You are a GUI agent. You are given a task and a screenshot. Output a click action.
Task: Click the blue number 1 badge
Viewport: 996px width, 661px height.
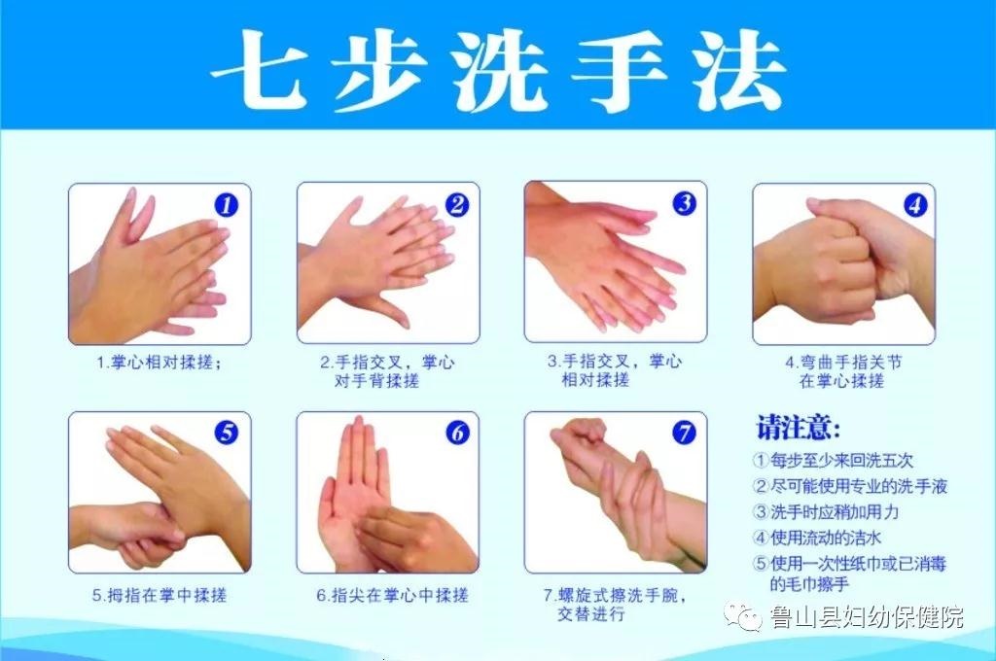pyautogui.click(x=227, y=204)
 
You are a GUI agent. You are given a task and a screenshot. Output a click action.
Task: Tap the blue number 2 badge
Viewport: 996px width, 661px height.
pyautogui.click(x=457, y=204)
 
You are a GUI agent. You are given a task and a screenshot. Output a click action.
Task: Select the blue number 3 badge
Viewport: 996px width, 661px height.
pyautogui.click(x=684, y=203)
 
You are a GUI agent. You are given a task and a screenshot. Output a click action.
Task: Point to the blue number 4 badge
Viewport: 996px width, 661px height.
pyautogui.click(x=914, y=204)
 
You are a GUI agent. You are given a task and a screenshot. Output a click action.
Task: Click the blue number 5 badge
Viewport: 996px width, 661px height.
pyautogui.click(x=227, y=433)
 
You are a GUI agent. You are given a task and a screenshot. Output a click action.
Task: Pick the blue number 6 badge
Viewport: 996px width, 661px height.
pyautogui.click(x=457, y=433)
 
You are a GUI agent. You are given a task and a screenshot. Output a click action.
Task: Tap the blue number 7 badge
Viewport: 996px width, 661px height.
pyautogui.click(x=684, y=433)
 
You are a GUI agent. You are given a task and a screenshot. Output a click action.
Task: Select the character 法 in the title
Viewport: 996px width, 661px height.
pyautogui.click(x=739, y=70)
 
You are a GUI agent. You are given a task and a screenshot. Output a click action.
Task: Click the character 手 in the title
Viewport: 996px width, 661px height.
pyautogui.click(x=619, y=70)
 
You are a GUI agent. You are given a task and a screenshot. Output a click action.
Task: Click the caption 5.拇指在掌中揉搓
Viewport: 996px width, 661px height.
pyautogui.click(x=160, y=595)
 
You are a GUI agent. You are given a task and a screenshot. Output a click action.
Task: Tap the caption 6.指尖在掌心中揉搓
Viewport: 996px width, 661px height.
pyautogui.click(x=392, y=595)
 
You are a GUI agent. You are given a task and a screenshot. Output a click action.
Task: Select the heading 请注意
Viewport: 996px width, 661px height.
pyautogui.click(x=798, y=428)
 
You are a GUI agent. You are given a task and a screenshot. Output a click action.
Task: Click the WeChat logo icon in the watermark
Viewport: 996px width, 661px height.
pyautogui.click(x=743, y=616)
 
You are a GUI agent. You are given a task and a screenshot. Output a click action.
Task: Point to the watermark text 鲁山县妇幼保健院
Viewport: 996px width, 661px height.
pyautogui.click(x=867, y=616)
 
